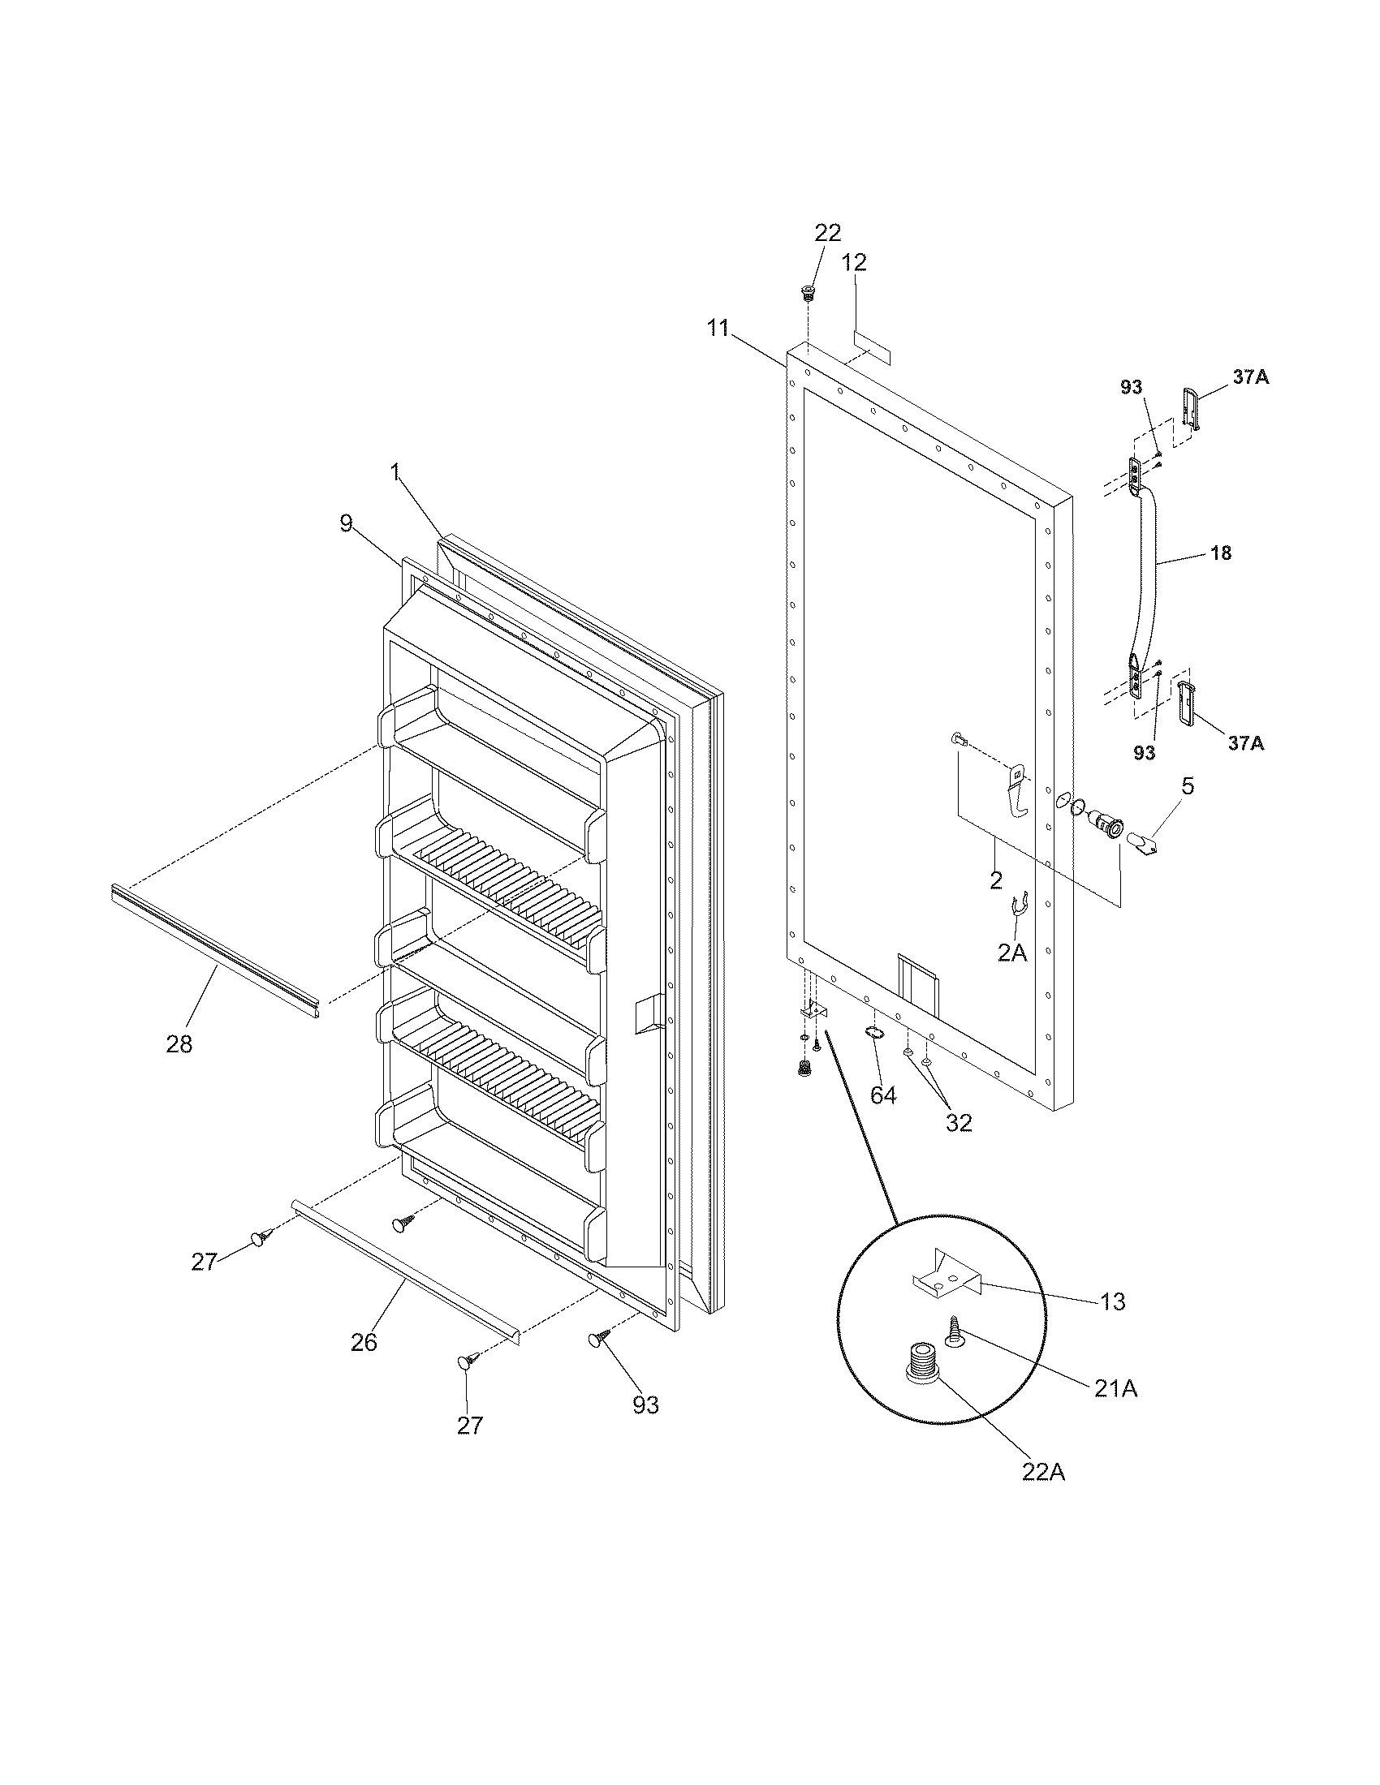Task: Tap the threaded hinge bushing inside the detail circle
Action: click(922, 1367)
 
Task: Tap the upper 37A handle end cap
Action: click(1191, 407)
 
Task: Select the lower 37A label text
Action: click(1245, 742)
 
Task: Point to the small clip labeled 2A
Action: click(1018, 907)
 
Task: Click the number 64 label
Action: click(883, 1095)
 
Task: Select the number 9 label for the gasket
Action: click(347, 523)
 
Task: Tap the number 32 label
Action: click(958, 1122)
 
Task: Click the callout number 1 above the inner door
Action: click(395, 471)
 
